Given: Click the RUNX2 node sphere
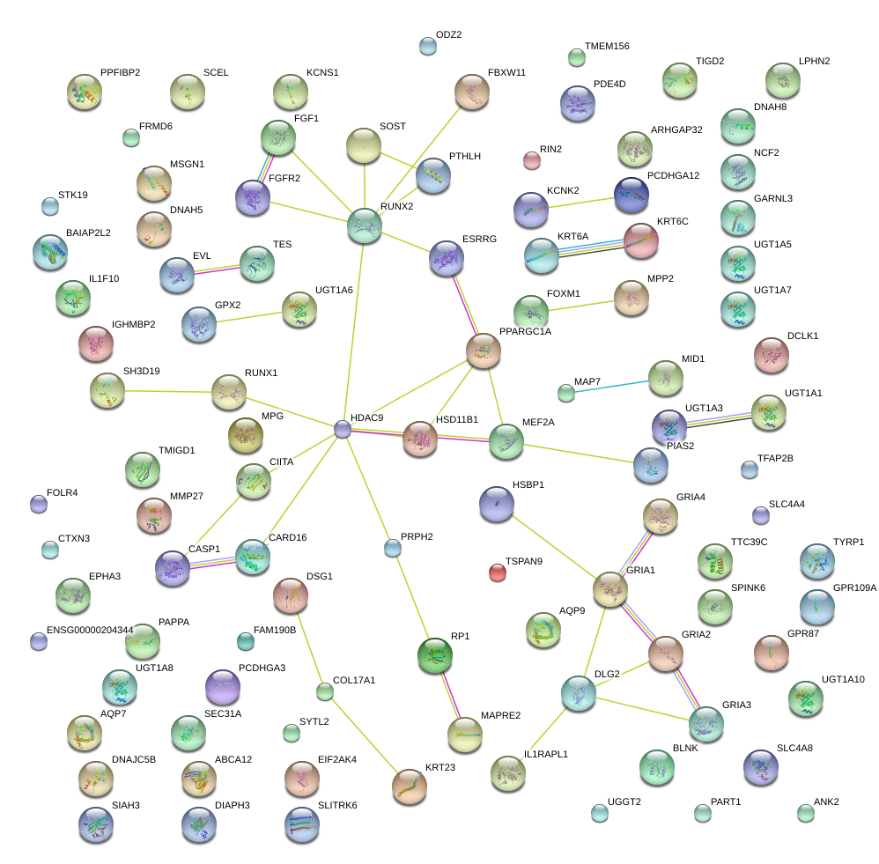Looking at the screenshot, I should [x=365, y=225].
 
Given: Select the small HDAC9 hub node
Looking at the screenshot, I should [x=343, y=429].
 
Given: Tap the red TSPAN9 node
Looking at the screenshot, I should [x=498, y=573].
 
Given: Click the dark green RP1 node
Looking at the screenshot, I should [x=434, y=654].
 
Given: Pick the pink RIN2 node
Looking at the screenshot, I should [x=531, y=159].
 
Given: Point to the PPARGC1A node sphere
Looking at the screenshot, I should [x=483, y=350].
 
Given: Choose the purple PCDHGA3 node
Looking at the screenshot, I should [x=222, y=687].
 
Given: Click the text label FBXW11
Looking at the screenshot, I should [x=506, y=72].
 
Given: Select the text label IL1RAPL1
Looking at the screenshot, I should [x=546, y=755].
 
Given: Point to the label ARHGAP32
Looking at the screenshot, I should [x=676, y=129].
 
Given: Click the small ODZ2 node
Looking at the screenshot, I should [x=427, y=47].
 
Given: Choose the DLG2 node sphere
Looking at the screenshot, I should [x=579, y=694].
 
